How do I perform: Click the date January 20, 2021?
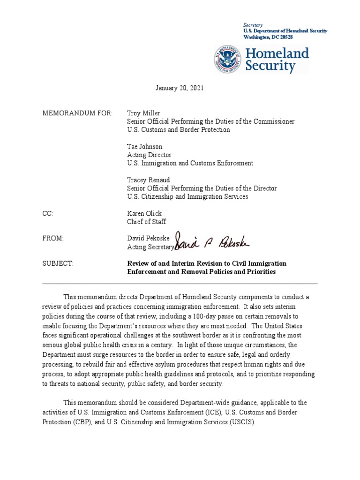point(180,88)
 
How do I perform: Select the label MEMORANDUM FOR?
point(77,113)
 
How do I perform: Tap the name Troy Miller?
point(143,113)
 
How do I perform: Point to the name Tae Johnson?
point(145,147)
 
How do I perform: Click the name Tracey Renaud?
point(148,180)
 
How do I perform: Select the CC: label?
point(48,214)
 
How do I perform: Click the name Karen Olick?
point(144,214)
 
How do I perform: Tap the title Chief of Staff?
point(146,222)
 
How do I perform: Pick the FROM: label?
point(52,239)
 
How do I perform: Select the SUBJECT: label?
point(58,264)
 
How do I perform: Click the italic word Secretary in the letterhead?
point(253,24)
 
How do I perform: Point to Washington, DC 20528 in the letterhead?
point(268,37)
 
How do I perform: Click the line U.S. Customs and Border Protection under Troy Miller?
point(179,130)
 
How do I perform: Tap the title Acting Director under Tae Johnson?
point(149,155)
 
